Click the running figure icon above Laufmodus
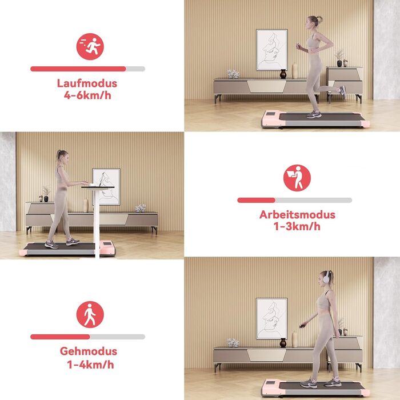click(x=90, y=46)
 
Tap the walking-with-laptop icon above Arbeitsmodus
click(x=297, y=178)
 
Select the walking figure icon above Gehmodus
click(x=90, y=314)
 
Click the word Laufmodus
click(x=87, y=83)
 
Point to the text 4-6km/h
click(x=87, y=95)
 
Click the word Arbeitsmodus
click(x=297, y=214)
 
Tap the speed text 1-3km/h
click(x=297, y=226)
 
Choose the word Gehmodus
click(x=88, y=351)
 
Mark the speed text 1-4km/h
click(x=90, y=365)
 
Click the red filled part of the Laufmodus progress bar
click(x=78, y=69)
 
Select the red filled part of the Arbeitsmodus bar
click(x=256, y=200)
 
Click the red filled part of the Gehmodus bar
click(x=60, y=337)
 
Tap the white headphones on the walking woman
click(x=326, y=277)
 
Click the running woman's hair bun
click(x=319, y=19)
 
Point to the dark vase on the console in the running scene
click(x=283, y=74)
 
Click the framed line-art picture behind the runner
click(x=272, y=50)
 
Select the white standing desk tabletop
click(x=98, y=187)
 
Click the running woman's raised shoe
click(x=342, y=92)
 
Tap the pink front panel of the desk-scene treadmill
click(x=107, y=247)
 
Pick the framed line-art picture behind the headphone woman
click(x=271, y=319)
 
